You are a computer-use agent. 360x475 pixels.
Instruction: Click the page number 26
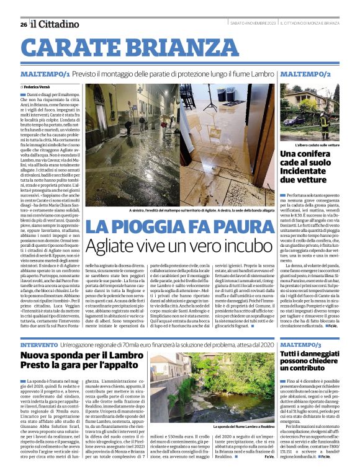click(24, 24)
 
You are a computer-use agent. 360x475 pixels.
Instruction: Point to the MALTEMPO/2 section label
click(305, 74)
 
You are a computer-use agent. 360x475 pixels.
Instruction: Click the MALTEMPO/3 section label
click(301, 344)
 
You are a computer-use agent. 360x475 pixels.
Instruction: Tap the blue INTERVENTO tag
click(40, 344)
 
